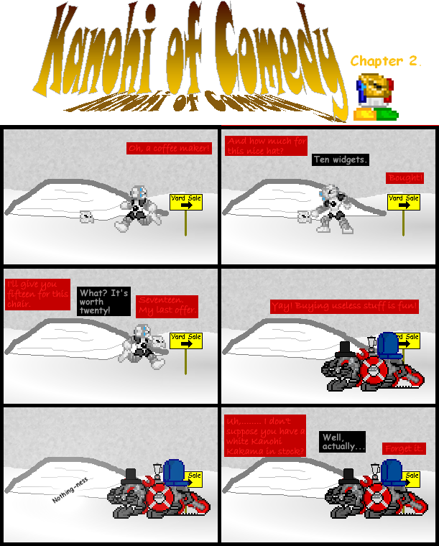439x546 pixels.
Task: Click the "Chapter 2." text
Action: click(385, 62)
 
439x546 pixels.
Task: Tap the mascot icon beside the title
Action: click(376, 96)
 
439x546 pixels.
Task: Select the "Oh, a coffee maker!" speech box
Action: click(169, 149)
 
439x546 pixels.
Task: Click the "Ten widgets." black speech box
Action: click(341, 159)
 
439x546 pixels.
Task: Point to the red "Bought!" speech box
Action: click(405, 177)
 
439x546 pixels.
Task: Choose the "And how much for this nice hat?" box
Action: click(264, 146)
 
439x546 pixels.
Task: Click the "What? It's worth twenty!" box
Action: click(104, 302)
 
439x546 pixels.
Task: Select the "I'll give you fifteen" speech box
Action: click(37, 294)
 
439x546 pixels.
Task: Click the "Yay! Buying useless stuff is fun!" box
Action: click(344, 306)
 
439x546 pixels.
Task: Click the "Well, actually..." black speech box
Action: click(343, 442)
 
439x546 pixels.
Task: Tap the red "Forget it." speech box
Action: click(403, 448)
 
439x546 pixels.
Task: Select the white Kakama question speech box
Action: click(265, 435)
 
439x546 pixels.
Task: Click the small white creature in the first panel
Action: click(87, 216)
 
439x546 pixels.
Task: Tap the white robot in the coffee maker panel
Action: click(139, 208)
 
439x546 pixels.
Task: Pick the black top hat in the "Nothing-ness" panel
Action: click(131, 476)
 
